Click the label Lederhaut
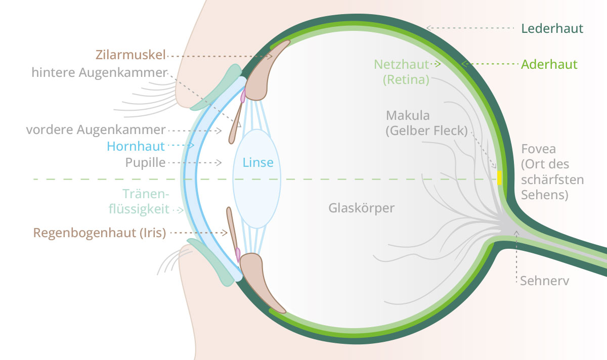[552, 28]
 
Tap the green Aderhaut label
[549, 65]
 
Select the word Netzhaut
[401, 64]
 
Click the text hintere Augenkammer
[99, 73]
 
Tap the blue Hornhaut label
[136, 147]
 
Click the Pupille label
[145, 163]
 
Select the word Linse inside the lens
[258, 163]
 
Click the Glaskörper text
[361, 208]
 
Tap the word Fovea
[538, 149]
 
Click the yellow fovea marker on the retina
[500, 178]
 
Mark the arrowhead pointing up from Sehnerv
[516, 233]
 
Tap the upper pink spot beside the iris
[243, 94]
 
